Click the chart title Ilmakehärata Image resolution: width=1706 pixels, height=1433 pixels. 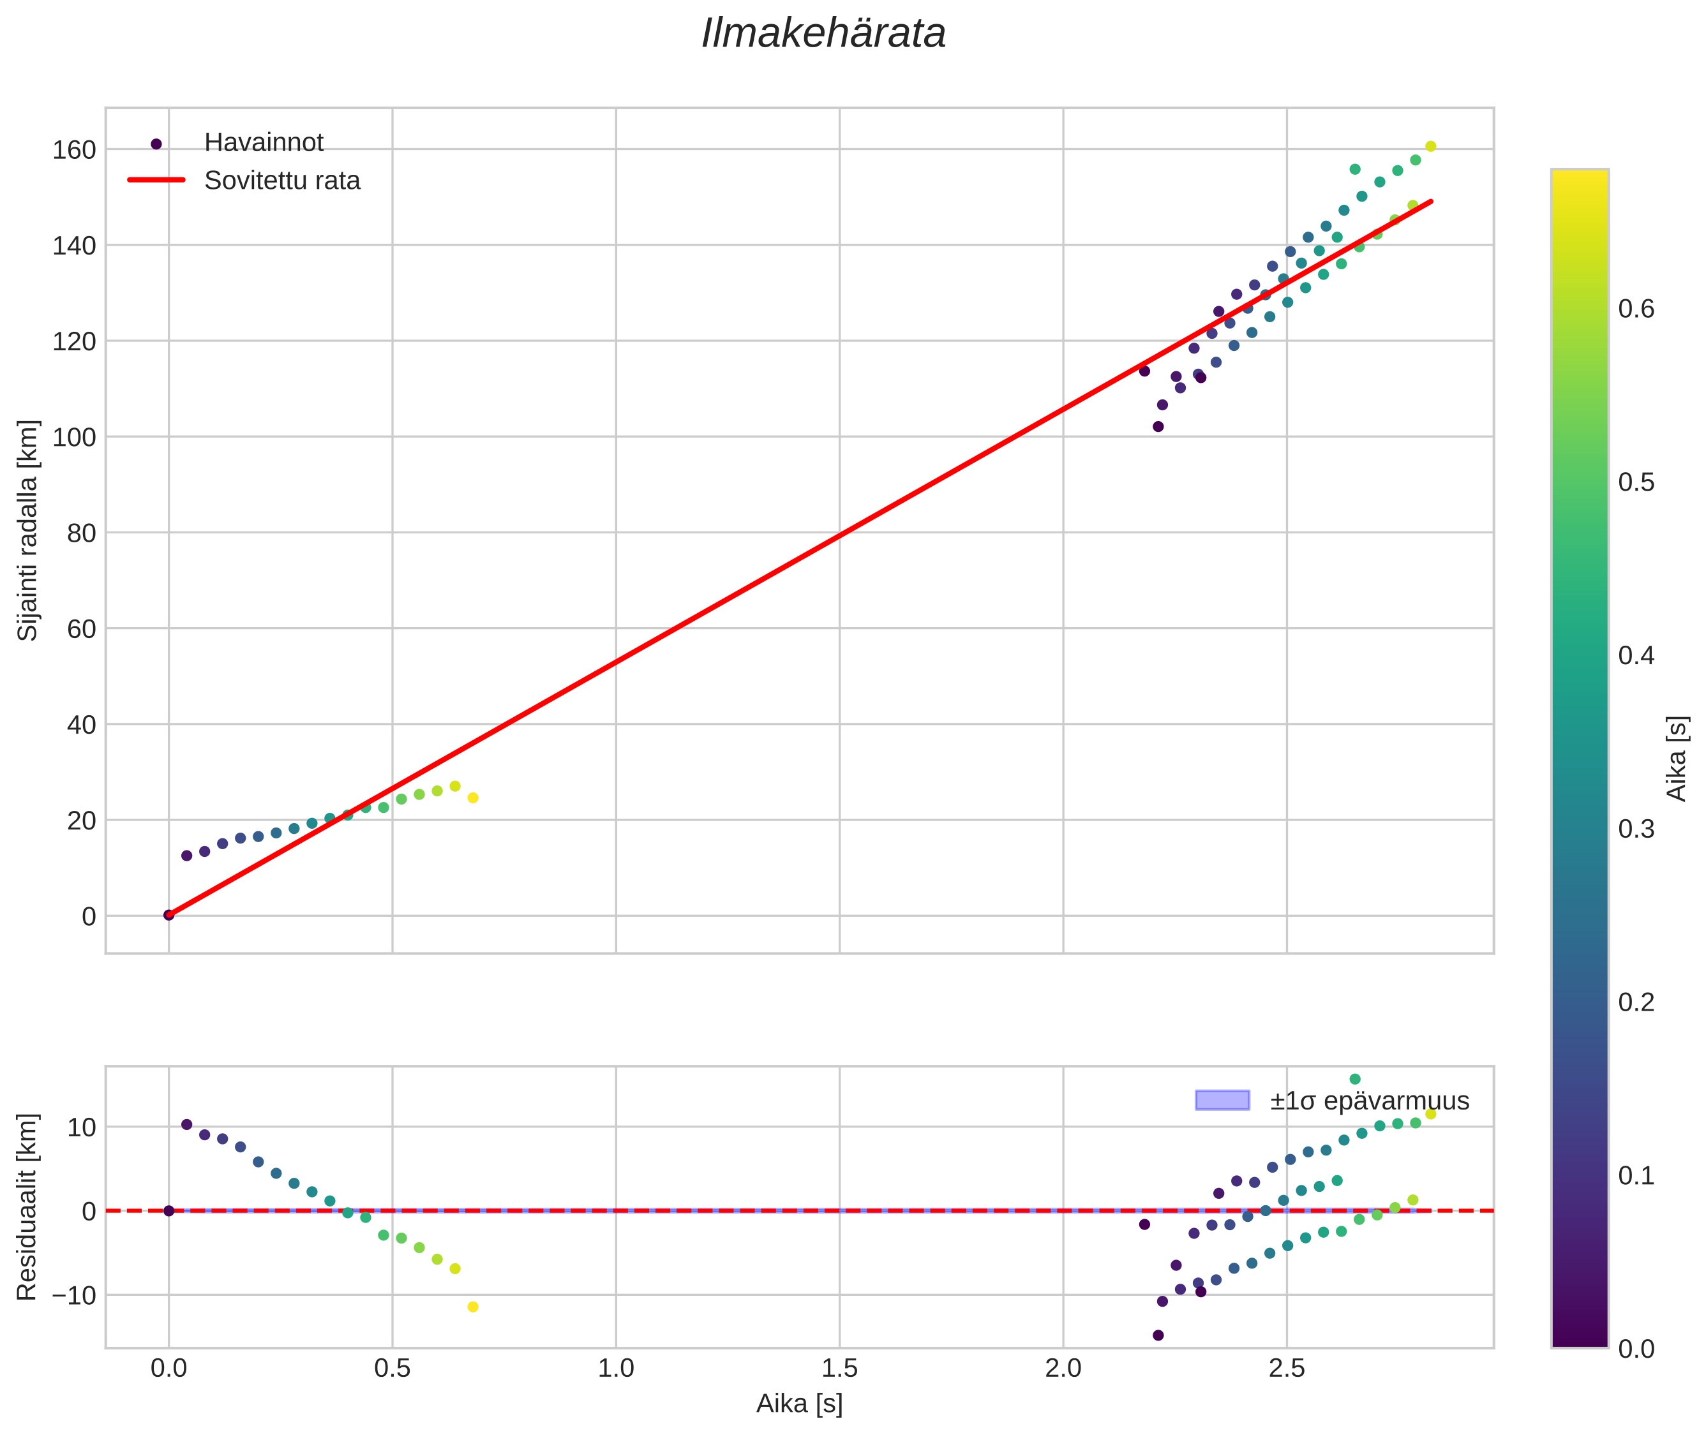(823, 34)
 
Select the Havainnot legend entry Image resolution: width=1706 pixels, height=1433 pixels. (264, 143)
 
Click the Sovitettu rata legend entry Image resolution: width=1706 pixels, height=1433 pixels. (282, 181)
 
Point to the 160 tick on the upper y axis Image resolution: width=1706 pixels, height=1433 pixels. (74, 151)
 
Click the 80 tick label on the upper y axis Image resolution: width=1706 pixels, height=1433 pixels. (81, 534)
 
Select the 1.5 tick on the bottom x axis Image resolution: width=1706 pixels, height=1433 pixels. (839, 1369)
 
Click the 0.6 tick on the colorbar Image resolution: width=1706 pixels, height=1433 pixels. (1636, 309)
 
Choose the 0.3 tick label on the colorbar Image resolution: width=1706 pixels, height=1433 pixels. (1636, 829)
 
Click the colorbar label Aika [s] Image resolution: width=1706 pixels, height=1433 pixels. (1677, 758)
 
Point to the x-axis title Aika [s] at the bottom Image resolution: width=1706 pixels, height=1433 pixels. (799, 1404)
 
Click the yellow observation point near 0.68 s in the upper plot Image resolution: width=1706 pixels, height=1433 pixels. (473, 798)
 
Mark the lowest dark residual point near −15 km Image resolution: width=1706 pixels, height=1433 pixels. (1158, 1335)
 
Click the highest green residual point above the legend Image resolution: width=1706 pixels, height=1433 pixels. (1355, 1080)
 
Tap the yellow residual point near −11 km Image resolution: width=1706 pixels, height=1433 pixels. (473, 1307)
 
